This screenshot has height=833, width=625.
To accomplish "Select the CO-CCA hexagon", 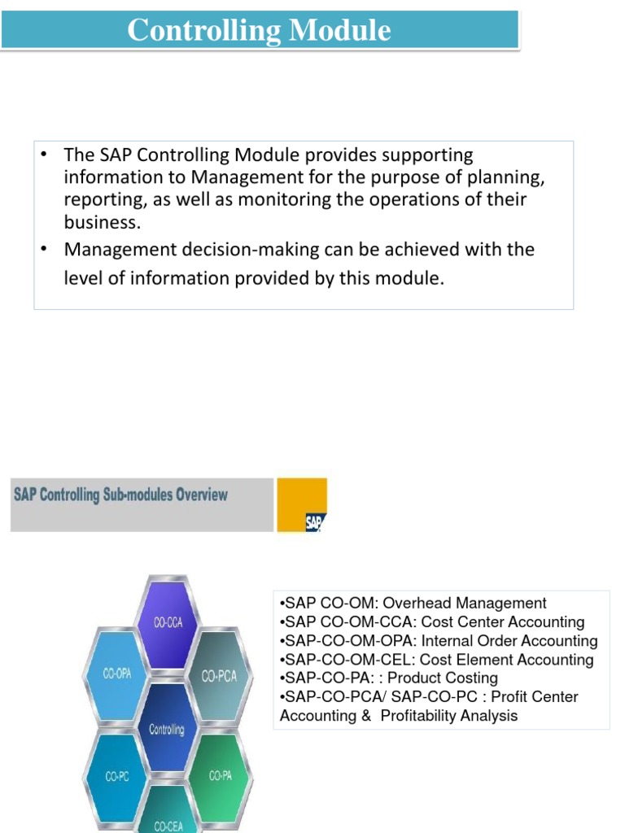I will coord(168,622).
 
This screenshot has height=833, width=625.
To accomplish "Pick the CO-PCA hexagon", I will coord(219,676).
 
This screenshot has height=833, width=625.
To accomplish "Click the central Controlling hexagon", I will coord(167,729).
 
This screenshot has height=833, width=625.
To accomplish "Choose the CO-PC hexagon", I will coord(117,776).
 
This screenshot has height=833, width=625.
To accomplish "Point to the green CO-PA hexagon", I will coord(220,776).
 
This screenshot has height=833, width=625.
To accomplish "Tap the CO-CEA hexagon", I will coord(168,823).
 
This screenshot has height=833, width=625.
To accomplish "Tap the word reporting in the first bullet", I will coord(100,200).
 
